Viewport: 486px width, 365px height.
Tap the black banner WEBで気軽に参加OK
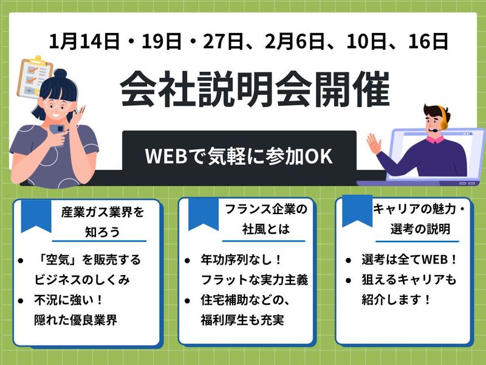239,155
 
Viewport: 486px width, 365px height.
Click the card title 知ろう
102,232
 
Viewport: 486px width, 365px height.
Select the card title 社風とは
265,230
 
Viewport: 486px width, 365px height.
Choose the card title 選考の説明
420,230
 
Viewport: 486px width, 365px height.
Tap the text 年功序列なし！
241,260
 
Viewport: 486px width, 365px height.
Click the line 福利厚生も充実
242,319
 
